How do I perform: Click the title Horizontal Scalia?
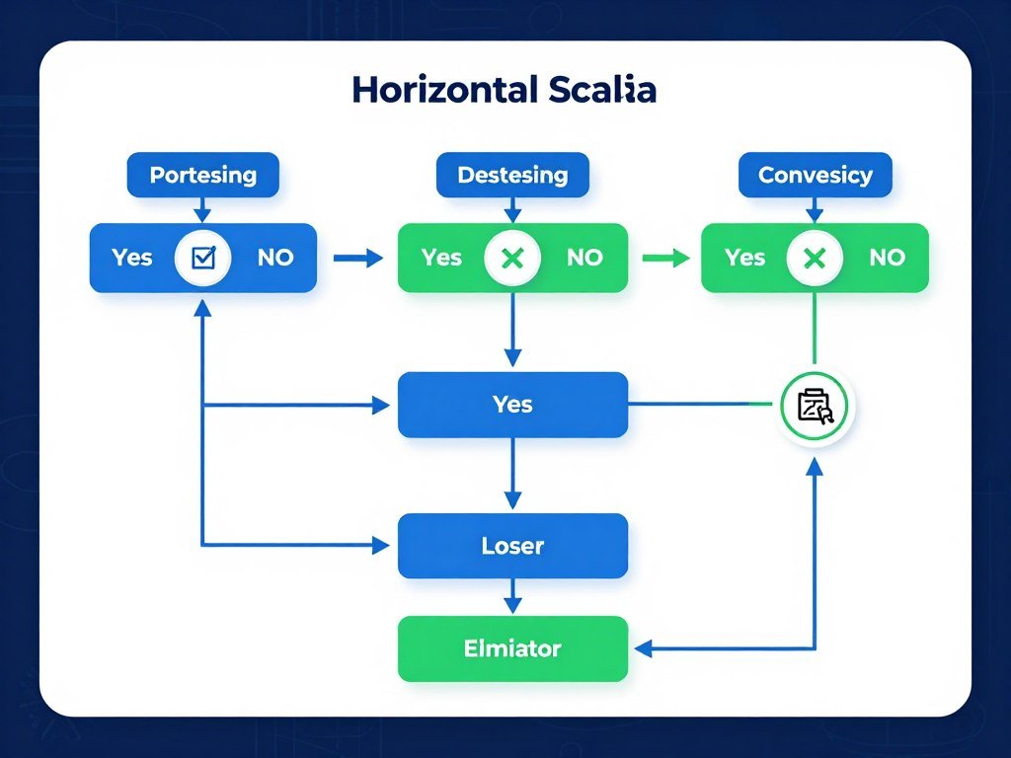pyautogui.click(x=504, y=90)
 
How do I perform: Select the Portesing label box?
pyautogui.click(x=202, y=176)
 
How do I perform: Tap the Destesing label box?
pyautogui.click(x=512, y=176)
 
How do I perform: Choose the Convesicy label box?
pyautogui.click(x=815, y=176)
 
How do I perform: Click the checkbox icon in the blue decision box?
pyautogui.click(x=202, y=258)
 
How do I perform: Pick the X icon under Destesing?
pyautogui.click(x=512, y=259)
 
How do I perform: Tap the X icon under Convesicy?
pyautogui.click(x=815, y=259)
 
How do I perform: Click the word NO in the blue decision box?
pyautogui.click(x=275, y=258)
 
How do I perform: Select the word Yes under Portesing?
pyautogui.click(x=131, y=258)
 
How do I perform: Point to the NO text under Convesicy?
pyautogui.click(x=887, y=258)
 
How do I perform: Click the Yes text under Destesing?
pyautogui.click(x=441, y=258)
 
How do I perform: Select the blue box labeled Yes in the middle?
pyautogui.click(x=512, y=405)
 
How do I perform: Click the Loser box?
pyautogui.click(x=512, y=546)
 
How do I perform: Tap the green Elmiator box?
pyautogui.click(x=512, y=648)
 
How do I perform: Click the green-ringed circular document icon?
pyautogui.click(x=815, y=406)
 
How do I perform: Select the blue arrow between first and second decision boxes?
pyautogui.click(x=357, y=259)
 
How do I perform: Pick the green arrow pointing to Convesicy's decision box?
pyautogui.click(x=665, y=259)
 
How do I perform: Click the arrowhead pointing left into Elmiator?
pyautogui.click(x=644, y=648)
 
